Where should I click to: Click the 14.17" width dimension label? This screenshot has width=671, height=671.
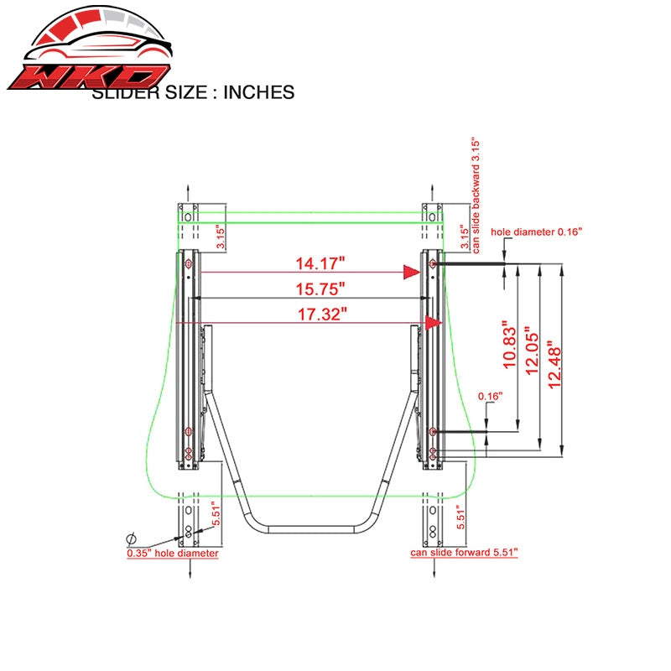click(x=320, y=263)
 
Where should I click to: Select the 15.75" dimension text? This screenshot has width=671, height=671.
click(x=320, y=289)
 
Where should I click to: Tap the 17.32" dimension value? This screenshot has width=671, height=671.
click(x=322, y=315)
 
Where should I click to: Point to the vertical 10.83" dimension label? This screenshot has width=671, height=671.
click(x=510, y=345)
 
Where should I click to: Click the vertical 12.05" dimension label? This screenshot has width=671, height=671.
click(x=532, y=351)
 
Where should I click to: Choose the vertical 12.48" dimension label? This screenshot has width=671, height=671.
click(x=554, y=365)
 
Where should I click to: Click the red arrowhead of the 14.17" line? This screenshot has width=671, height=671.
click(x=412, y=272)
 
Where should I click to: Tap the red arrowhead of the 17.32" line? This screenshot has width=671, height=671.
click(x=434, y=323)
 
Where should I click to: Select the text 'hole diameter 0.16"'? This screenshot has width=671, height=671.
click(x=537, y=232)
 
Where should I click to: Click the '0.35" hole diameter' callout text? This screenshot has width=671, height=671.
click(x=173, y=554)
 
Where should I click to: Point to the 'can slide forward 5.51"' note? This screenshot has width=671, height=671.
click(x=464, y=553)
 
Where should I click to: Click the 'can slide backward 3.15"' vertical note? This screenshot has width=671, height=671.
click(x=476, y=195)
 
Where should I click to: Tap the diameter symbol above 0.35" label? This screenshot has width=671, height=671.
click(x=132, y=538)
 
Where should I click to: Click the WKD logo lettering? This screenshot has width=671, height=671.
click(x=89, y=77)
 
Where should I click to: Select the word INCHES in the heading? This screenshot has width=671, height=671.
click(x=259, y=92)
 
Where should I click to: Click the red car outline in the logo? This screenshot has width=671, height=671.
click(x=97, y=47)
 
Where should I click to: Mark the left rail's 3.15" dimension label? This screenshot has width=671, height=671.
click(x=221, y=237)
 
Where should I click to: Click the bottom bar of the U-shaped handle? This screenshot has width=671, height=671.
click(x=311, y=529)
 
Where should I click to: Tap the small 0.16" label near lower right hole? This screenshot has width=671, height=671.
click(x=491, y=396)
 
